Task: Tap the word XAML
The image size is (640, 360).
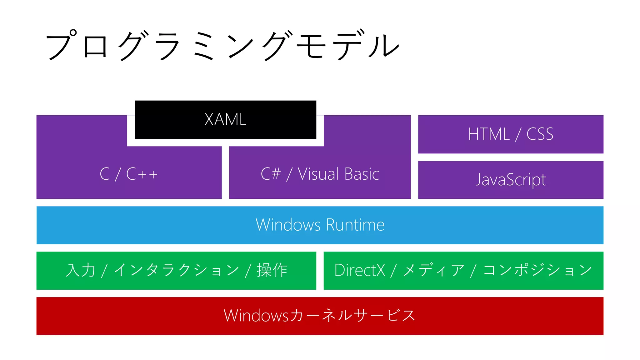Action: coord(225,119)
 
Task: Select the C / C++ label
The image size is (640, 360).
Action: coord(128,174)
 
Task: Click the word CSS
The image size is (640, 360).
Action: coord(540,134)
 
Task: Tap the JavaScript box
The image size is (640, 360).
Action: coord(511,180)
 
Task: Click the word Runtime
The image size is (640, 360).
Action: coord(355,225)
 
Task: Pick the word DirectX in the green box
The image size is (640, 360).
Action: coord(359,270)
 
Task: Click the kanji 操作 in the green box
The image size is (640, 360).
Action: coord(272,270)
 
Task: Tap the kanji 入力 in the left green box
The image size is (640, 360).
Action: coord(80,270)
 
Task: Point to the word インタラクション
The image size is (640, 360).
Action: coord(177,270)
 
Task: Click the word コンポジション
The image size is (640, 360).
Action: coord(537,270)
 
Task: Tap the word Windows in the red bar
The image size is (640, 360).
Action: coord(256,316)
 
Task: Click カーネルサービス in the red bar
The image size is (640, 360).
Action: coord(352,316)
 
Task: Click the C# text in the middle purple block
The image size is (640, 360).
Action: coord(271,174)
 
